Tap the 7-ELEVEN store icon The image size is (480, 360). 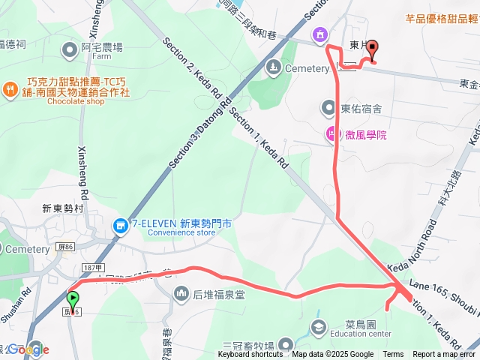click(x=119, y=224)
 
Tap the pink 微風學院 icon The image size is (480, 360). click(x=330, y=134)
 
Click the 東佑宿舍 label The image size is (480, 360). click(x=361, y=109)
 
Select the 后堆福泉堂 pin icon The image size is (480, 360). click(x=179, y=292)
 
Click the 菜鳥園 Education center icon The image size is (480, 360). click(x=319, y=328)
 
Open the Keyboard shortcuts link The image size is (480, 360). click(x=251, y=355)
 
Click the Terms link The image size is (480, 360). click(x=393, y=355)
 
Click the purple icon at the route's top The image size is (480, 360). click(x=320, y=34)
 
